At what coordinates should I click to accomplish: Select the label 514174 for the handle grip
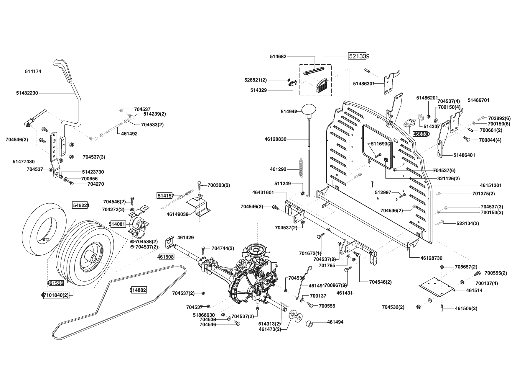33,71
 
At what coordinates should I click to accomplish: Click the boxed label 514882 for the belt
138,290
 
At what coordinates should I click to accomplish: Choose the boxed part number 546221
80,205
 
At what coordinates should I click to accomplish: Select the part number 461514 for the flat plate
474,290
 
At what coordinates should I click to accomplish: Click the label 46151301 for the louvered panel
491,185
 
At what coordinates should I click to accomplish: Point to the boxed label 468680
421,134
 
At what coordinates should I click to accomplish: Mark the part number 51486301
364,84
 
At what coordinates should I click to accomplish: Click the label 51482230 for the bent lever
27,93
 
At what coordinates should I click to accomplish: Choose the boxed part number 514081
118,224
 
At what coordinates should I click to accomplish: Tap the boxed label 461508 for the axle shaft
166,257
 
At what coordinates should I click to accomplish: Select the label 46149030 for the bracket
177,214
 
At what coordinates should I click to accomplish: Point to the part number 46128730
431,258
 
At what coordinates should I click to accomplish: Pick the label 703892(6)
499,118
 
